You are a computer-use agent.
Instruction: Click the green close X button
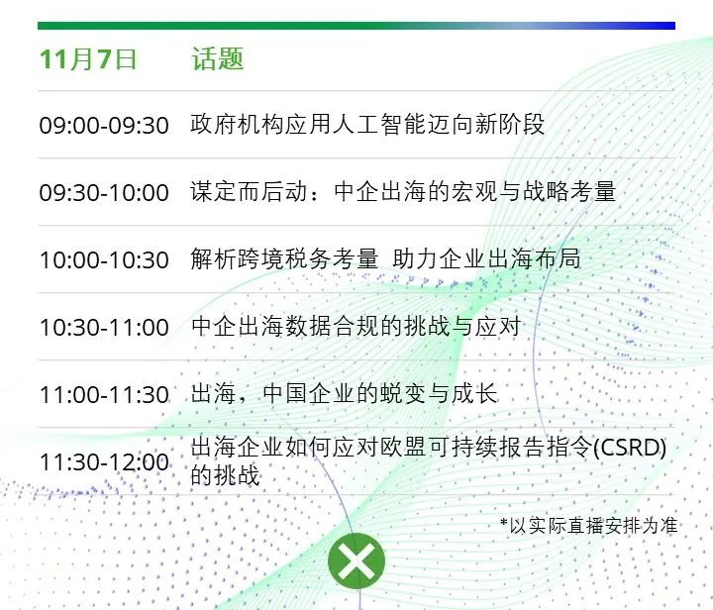click(356, 560)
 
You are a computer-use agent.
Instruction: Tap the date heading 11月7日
click(88, 58)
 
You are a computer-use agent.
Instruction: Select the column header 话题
click(217, 58)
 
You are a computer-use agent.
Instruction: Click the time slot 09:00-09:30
click(104, 125)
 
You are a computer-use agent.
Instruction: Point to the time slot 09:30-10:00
click(104, 192)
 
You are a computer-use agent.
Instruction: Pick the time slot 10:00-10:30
click(104, 259)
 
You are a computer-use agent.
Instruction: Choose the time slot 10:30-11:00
click(104, 327)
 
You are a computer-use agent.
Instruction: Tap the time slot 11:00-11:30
click(104, 394)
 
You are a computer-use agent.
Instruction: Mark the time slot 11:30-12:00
click(104, 461)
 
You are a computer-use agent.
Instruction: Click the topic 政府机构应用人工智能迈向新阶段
click(367, 124)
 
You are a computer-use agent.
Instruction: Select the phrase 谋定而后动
click(249, 191)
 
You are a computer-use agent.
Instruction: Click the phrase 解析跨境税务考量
click(284, 258)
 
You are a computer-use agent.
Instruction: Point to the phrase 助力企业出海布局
click(486, 258)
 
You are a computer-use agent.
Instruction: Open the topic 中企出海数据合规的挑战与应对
click(356, 326)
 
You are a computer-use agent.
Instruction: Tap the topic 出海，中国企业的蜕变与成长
click(344, 393)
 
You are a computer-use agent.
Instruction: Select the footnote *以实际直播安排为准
click(589, 526)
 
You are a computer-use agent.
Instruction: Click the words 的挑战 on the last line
click(225, 475)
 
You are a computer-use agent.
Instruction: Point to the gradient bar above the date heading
click(356, 26)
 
